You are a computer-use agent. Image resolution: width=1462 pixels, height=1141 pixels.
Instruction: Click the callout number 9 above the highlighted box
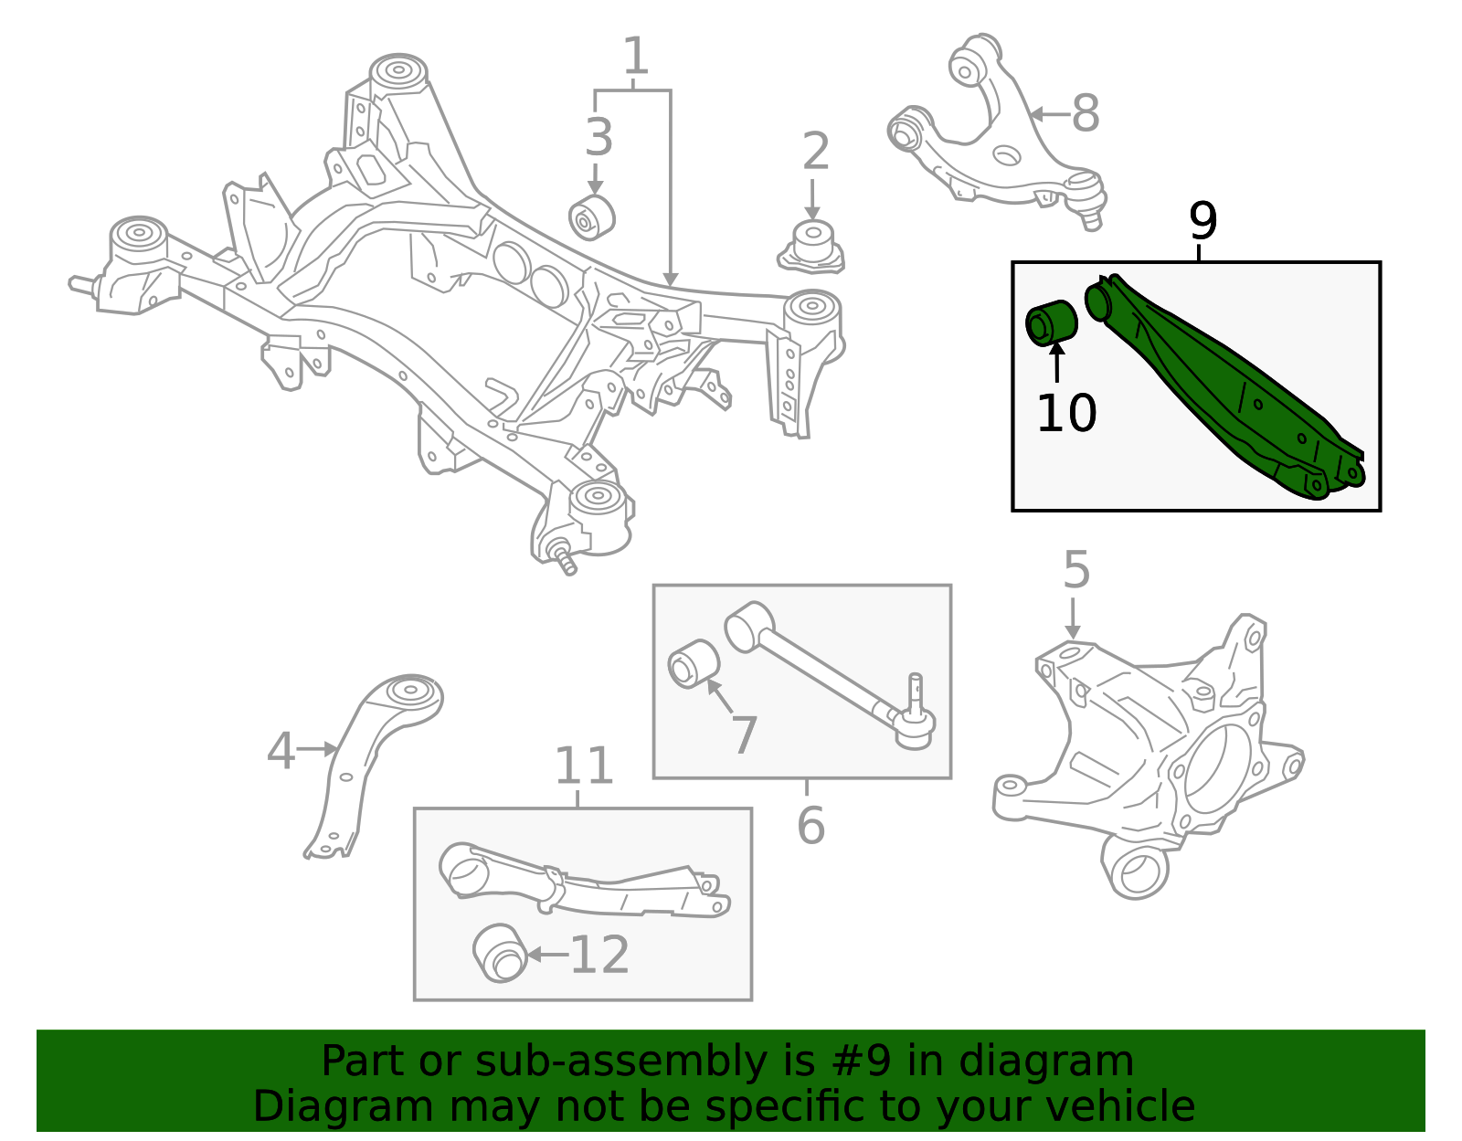point(1202,222)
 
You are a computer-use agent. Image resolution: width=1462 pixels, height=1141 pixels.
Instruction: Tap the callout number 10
point(1065,413)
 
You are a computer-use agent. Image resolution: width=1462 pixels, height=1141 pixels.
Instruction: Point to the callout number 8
point(1085,115)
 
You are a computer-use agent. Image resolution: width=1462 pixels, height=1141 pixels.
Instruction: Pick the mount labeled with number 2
point(811,247)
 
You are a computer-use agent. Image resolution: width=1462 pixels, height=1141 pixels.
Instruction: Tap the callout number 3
point(599,139)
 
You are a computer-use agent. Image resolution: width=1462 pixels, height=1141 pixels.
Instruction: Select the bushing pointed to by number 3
point(591,217)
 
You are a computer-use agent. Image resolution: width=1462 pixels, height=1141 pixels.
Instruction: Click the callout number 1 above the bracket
point(635,58)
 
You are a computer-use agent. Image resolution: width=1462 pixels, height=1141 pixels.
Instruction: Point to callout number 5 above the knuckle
point(1076,571)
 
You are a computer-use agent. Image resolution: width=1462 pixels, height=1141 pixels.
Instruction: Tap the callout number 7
point(745,735)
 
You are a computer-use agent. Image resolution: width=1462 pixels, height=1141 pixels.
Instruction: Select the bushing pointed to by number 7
point(694,665)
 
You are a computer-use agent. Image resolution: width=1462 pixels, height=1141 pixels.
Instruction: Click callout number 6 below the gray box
point(810,826)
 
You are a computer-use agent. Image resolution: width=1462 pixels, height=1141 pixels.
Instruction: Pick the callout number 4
point(281,751)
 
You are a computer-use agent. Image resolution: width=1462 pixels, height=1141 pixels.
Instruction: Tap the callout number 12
point(599,956)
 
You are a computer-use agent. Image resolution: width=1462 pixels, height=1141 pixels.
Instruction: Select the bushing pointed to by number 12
point(501,953)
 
